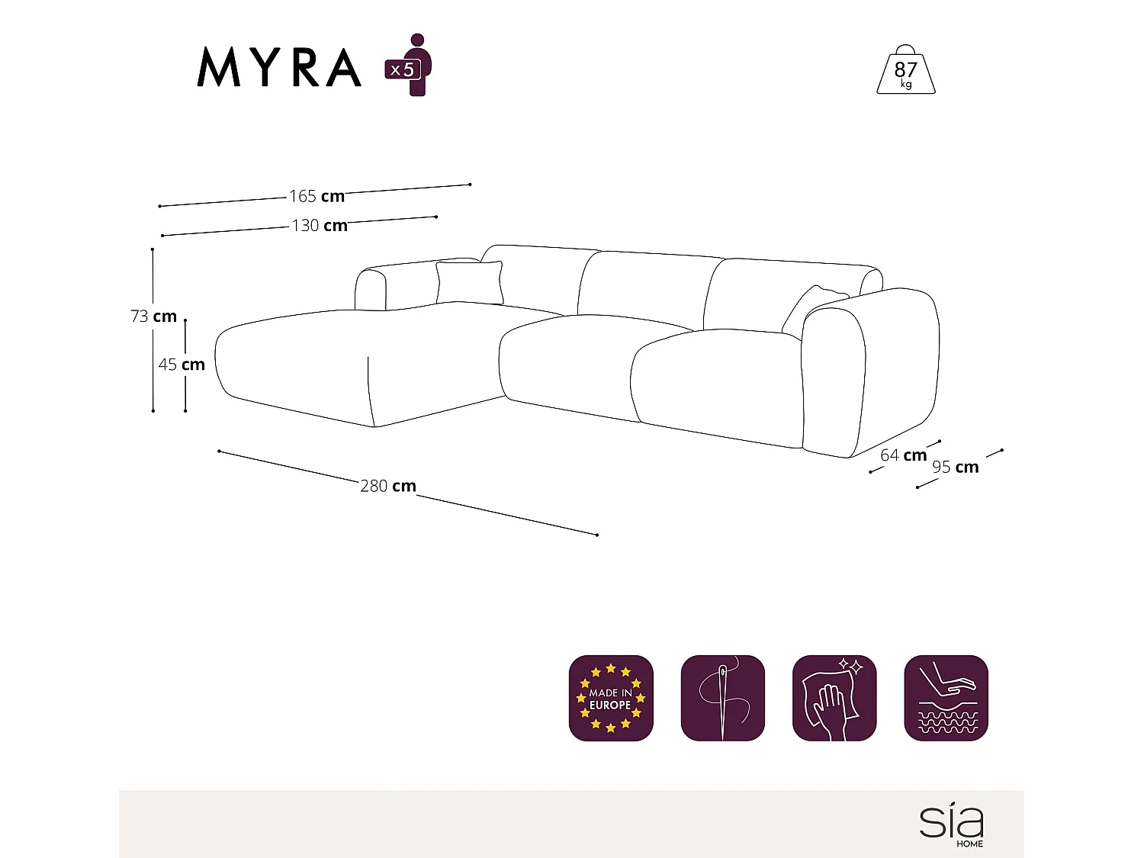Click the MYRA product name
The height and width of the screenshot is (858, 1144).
pos(279,68)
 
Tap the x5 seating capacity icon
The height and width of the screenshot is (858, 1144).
pos(410,66)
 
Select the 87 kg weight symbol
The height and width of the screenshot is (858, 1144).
pos(905,71)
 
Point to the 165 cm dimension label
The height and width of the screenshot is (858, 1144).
pos(317,196)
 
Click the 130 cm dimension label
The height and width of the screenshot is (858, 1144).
pos(320,225)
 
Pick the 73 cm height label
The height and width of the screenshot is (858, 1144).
pos(153,316)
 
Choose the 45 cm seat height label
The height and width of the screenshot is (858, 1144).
pos(182,365)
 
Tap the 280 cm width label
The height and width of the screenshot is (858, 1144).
pos(388,486)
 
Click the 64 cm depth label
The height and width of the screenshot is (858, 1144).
pos(904,455)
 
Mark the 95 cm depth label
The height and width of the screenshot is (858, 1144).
pos(956,467)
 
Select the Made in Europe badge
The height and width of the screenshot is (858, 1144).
pos(611,698)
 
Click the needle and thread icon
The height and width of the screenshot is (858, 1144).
pos(722,698)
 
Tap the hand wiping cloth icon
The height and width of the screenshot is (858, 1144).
pos(834,698)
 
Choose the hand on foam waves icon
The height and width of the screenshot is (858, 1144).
pos(946,698)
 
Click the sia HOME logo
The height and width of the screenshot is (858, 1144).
pos(953,824)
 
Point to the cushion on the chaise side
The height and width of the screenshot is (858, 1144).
pos(470,282)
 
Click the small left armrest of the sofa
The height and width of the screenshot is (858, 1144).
pos(371,290)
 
